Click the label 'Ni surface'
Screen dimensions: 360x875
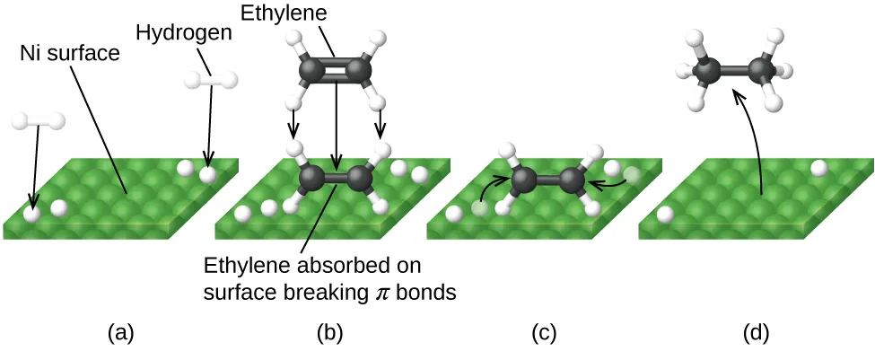(x=69, y=54)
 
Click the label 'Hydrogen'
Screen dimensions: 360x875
(x=184, y=33)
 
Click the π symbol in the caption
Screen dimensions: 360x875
(x=381, y=291)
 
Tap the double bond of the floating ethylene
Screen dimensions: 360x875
(x=335, y=71)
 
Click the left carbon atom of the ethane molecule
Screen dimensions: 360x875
(x=710, y=71)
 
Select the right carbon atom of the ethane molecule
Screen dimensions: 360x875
(x=763, y=69)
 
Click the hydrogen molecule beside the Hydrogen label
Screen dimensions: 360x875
(x=212, y=80)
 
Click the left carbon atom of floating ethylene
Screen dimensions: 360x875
(x=311, y=71)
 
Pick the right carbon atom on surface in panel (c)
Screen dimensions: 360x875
(x=572, y=181)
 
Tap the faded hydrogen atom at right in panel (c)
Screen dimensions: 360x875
(x=633, y=175)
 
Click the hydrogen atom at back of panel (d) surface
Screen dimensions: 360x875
(x=818, y=167)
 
